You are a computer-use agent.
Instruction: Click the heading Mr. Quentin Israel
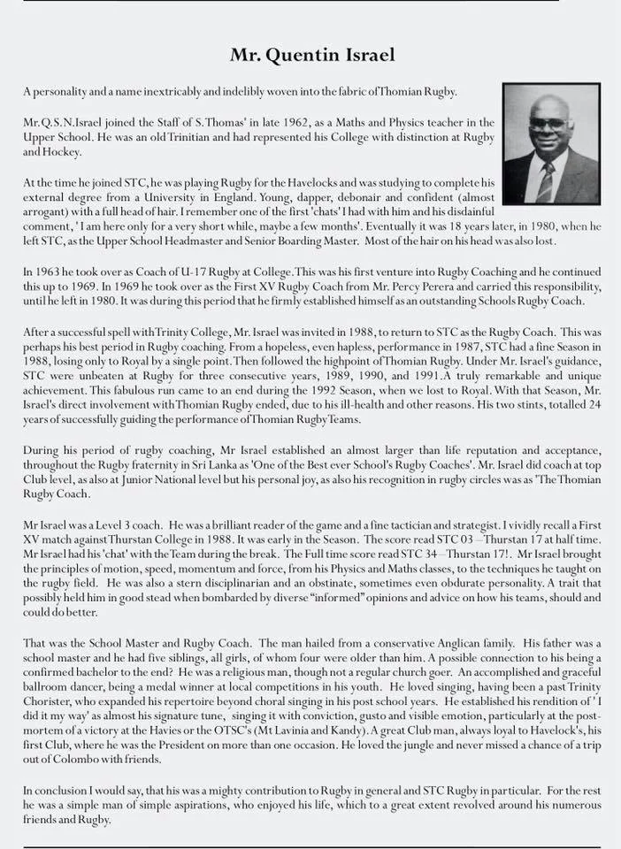312,55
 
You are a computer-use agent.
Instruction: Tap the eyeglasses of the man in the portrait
549,124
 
